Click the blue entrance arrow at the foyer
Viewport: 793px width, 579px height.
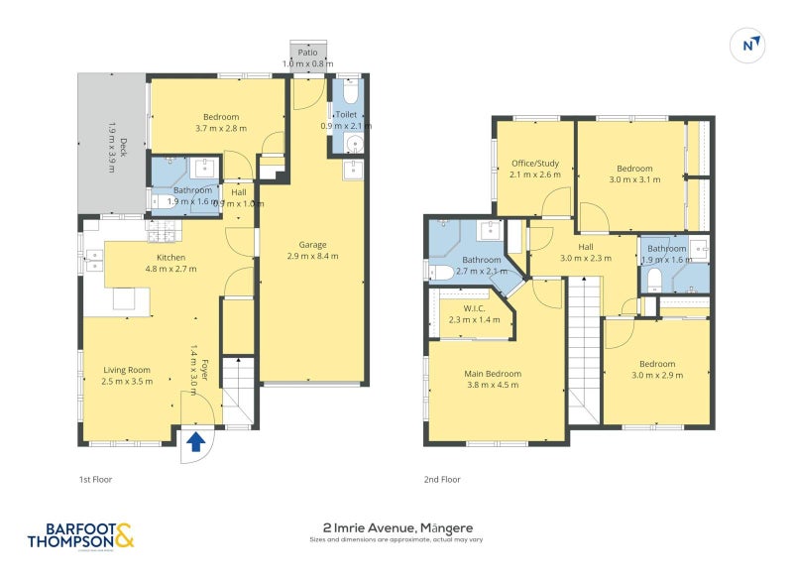[x=196, y=442]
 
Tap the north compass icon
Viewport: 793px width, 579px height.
[x=751, y=44]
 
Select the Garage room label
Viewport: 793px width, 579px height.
[x=313, y=250]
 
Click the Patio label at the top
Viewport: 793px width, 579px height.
[x=308, y=58]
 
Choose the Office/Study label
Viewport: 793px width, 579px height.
[x=535, y=169]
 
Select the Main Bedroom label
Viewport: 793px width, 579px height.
[x=493, y=380]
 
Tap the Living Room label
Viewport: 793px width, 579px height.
[x=127, y=375]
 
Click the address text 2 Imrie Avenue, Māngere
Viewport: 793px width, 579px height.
[x=396, y=528]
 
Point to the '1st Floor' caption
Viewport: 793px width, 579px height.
[x=96, y=479]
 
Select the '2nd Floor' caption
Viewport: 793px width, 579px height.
[x=444, y=479]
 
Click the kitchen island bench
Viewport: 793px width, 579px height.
[x=125, y=298]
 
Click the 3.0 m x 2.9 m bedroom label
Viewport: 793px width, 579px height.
[x=656, y=370]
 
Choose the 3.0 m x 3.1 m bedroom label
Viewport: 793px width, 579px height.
[x=633, y=174]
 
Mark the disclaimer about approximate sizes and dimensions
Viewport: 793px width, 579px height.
[x=396, y=540]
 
